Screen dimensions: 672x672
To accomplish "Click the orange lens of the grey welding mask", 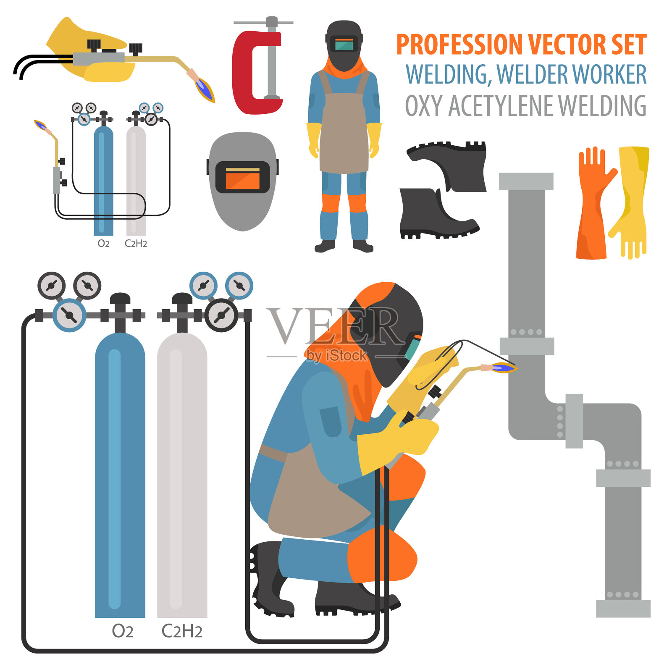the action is click(x=243, y=178).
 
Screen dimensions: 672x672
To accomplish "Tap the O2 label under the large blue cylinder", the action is click(x=123, y=631).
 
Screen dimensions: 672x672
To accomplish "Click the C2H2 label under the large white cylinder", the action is click(x=182, y=631).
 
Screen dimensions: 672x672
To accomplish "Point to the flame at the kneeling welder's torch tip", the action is click(x=504, y=368).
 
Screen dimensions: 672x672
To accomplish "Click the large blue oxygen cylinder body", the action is click(x=120, y=475).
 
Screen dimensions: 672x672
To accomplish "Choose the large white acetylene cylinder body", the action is click(x=182, y=475).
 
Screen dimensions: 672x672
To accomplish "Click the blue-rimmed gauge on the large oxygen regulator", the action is click(x=69, y=315).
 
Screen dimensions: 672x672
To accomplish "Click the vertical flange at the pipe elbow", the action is click(x=574, y=421).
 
